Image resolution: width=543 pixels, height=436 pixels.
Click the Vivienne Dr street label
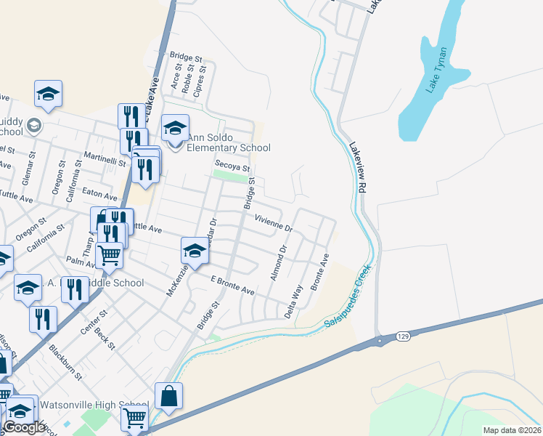tap(273, 222)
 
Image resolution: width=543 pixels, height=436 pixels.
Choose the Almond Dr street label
tap(279, 259)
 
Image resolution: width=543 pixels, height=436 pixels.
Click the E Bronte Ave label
tap(232, 285)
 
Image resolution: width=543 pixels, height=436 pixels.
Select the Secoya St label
tap(232, 165)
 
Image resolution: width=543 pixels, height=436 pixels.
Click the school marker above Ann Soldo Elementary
tap(175, 128)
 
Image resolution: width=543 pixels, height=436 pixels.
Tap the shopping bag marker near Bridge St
tap(168, 396)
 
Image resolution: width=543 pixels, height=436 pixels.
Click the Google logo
tap(24, 427)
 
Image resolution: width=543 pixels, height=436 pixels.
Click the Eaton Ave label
tap(100, 196)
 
